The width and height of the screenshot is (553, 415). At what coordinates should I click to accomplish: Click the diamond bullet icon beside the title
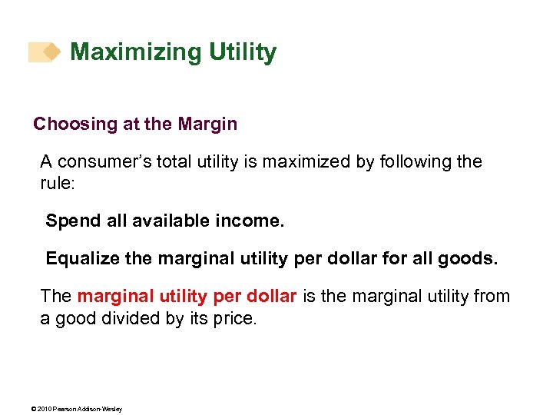(x=50, y=51)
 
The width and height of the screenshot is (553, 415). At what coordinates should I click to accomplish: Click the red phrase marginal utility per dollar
(x=187, y=297)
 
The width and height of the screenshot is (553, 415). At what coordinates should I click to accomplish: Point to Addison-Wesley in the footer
(x=101, y=409)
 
